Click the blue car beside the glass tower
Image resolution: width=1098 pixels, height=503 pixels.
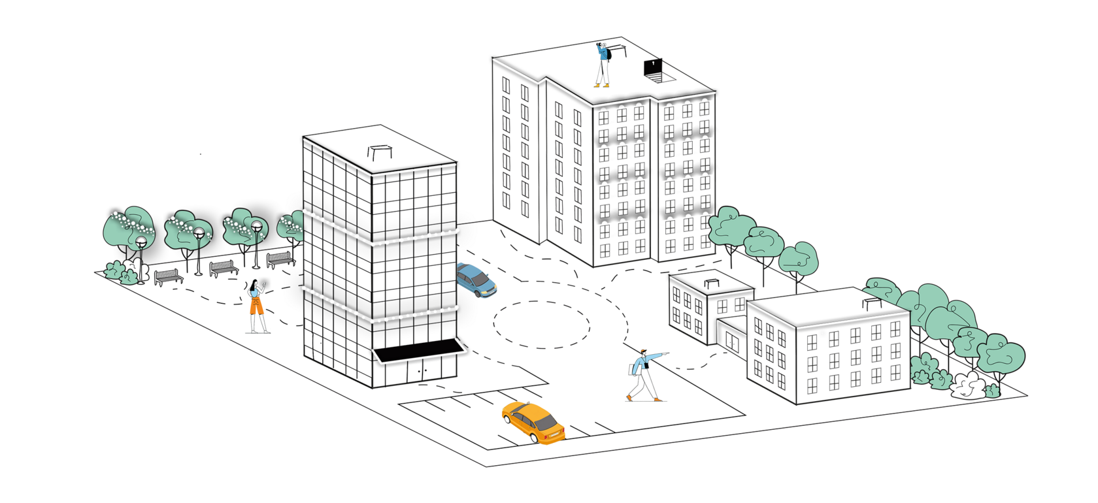click(x=476, y=280)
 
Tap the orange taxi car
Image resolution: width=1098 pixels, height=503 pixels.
click(x=533, y=423)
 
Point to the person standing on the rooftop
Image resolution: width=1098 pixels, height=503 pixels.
click(x=602, y=64)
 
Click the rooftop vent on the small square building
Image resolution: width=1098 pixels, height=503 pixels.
click(x=712, y=282)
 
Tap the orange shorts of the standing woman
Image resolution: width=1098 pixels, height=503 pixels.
click(x=255, y=306)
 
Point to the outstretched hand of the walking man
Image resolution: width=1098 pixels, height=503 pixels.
click(x=667, y=353)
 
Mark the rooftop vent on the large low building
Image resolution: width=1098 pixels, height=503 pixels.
click(x=871, y=302)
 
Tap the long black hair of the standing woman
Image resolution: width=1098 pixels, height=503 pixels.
click(x=253, y=287)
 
